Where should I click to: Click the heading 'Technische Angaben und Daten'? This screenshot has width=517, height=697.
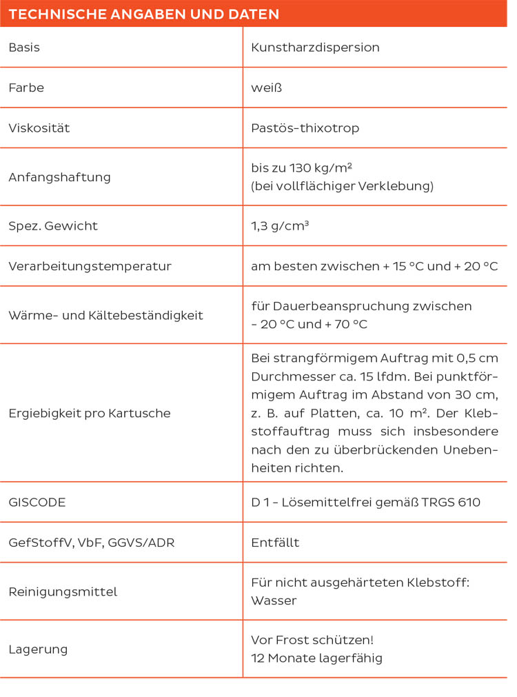(143, 14)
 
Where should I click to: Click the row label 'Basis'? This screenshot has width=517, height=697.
(24, 48)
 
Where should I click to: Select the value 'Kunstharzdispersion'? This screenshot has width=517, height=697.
(315, 48)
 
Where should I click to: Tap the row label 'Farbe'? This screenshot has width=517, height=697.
(26, 88)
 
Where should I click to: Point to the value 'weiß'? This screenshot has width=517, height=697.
(267, 88)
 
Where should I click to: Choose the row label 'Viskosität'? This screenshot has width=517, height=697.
(39, 128)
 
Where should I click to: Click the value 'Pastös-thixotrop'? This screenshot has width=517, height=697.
(305, 128)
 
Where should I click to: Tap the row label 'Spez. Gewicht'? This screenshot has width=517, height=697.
(53, 225)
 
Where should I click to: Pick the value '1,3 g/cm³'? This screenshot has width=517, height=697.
(280, 225)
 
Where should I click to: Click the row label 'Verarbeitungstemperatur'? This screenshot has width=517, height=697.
(90, 266)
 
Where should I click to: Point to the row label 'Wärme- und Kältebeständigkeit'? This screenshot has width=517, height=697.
(105, 315)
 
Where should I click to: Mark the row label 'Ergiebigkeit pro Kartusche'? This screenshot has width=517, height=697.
(89, 413)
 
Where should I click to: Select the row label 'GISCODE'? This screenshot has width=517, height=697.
(37, 502)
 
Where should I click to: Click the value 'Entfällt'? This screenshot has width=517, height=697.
(275, 543)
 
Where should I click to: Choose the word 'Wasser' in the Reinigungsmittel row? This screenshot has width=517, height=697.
(274, 600)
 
